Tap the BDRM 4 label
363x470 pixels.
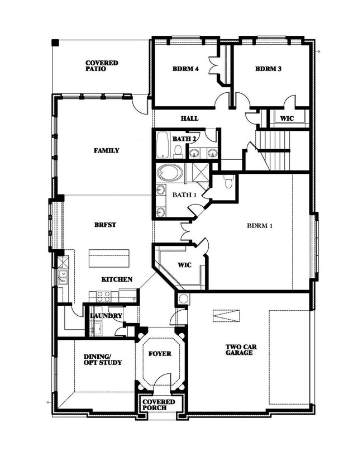click(186, 69)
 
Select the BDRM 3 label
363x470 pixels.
click(269, 69)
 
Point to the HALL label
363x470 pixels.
click(189, 118)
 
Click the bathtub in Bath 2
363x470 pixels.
click(163, 145)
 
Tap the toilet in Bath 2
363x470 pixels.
click(178, 151)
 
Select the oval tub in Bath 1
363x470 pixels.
click(169, 174)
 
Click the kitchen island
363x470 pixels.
click(109, 258)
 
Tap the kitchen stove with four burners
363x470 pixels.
click(103, 296)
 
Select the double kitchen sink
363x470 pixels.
click(63, 277)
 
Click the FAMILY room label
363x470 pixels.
click(107, 150)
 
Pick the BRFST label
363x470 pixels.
click(105, 225)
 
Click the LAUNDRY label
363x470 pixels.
click(106, 316)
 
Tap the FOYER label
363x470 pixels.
click(160, 354)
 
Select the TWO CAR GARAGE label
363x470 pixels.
click(241, 350)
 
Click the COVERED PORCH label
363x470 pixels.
click(159, 405)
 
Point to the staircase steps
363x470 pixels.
click(275, 150)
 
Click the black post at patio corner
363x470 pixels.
click(55, 42)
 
